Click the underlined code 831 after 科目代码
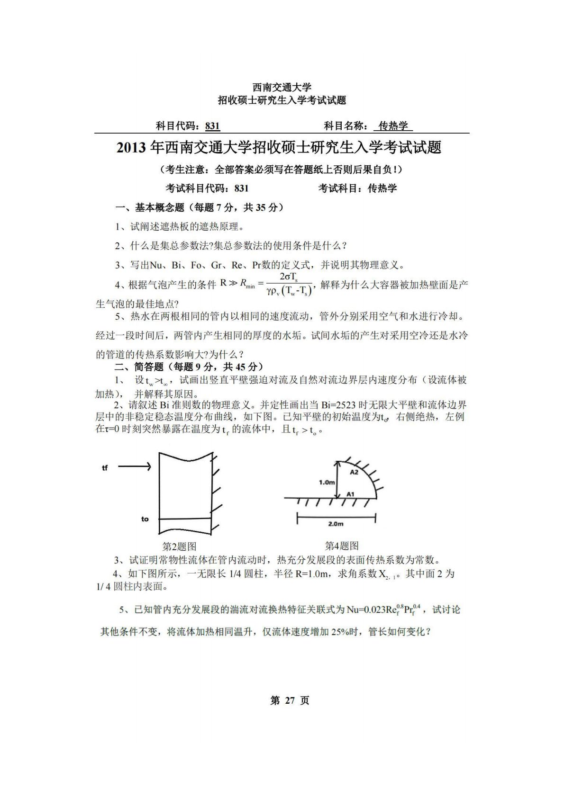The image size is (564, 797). (x=213, y=125)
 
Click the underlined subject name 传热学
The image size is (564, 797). (x=393, y=125)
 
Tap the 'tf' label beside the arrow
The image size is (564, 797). (x=105, y=468)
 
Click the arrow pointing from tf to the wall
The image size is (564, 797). (x=135, y=467)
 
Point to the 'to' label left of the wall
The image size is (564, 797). (x=145, y=519)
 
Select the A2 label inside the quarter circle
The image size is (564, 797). (x=354, y=472)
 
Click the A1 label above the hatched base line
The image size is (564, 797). (x=351, y=494)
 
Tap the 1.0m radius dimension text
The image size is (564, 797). (x=327, y=482)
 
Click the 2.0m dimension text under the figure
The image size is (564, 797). (x=336, y=524)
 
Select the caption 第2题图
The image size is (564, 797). (x=179, y=546)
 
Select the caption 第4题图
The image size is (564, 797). (x=342, y=546)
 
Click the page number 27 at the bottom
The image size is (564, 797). (x=289, y=700)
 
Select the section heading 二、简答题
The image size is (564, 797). (x=139, y=367)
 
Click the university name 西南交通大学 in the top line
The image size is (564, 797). (x=282, y=87)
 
